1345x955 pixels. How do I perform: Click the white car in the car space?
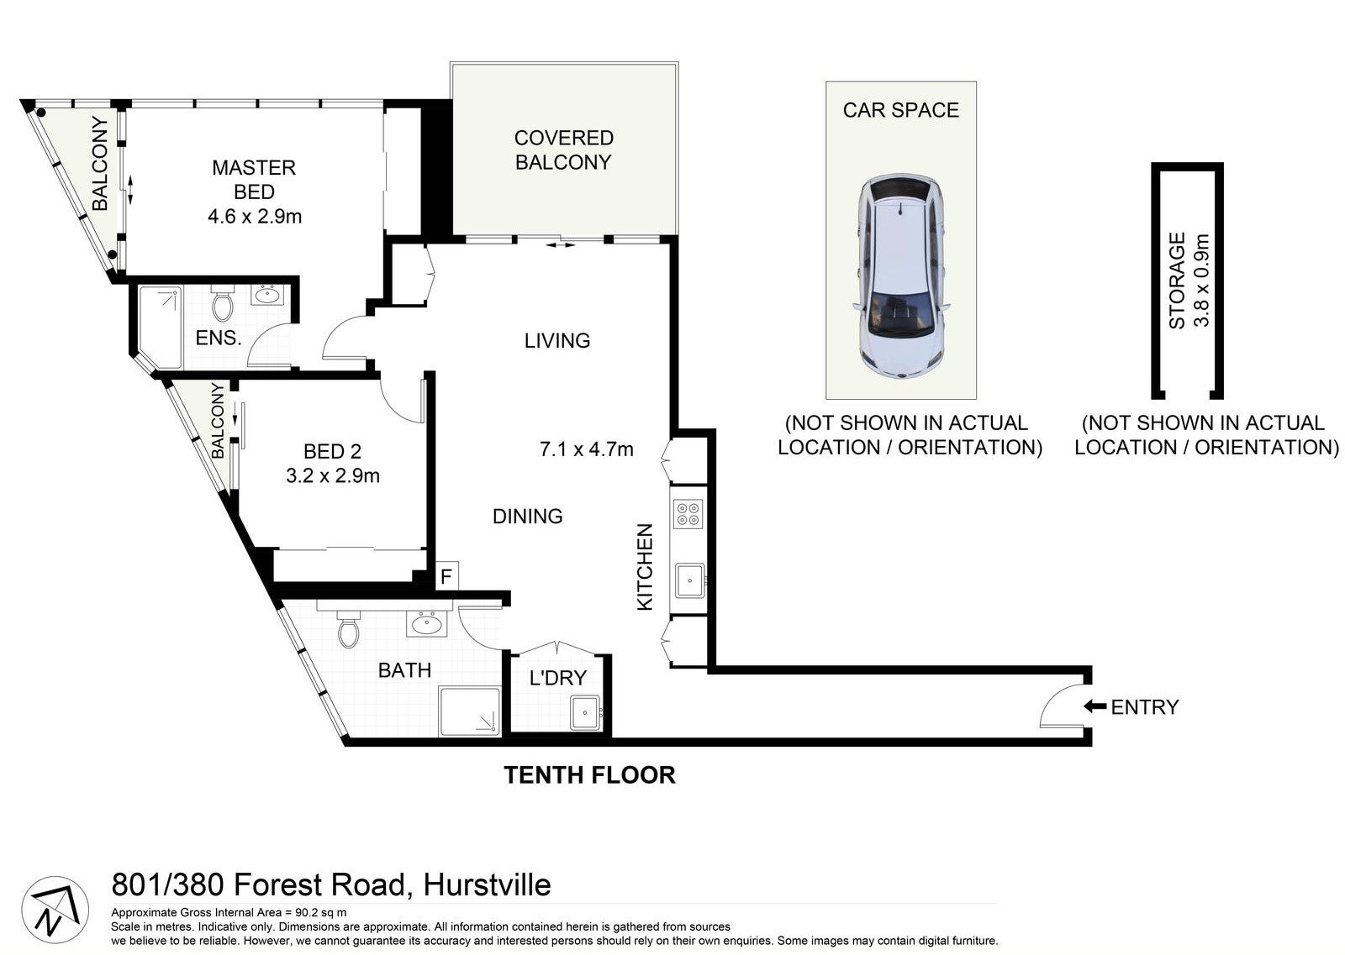(900, 277)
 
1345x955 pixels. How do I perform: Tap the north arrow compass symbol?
(55, 910)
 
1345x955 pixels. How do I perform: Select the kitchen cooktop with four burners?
(688, 513)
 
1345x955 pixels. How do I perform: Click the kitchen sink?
(689, 580)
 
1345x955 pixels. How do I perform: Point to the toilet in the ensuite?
(223, 305)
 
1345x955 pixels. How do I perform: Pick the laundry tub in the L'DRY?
(585, 712)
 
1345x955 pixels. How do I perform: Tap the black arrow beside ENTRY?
(1094, 706)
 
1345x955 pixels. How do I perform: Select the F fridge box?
(446, 577)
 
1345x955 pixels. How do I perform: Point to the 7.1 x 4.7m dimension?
(586, 449)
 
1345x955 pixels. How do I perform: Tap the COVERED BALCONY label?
(563, 150)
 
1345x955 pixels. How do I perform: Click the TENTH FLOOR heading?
(589, 774)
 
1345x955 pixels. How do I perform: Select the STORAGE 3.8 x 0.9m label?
(1189, 281)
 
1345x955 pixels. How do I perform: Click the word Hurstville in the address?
(488, 884)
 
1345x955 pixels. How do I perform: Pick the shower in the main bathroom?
(470, 712)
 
